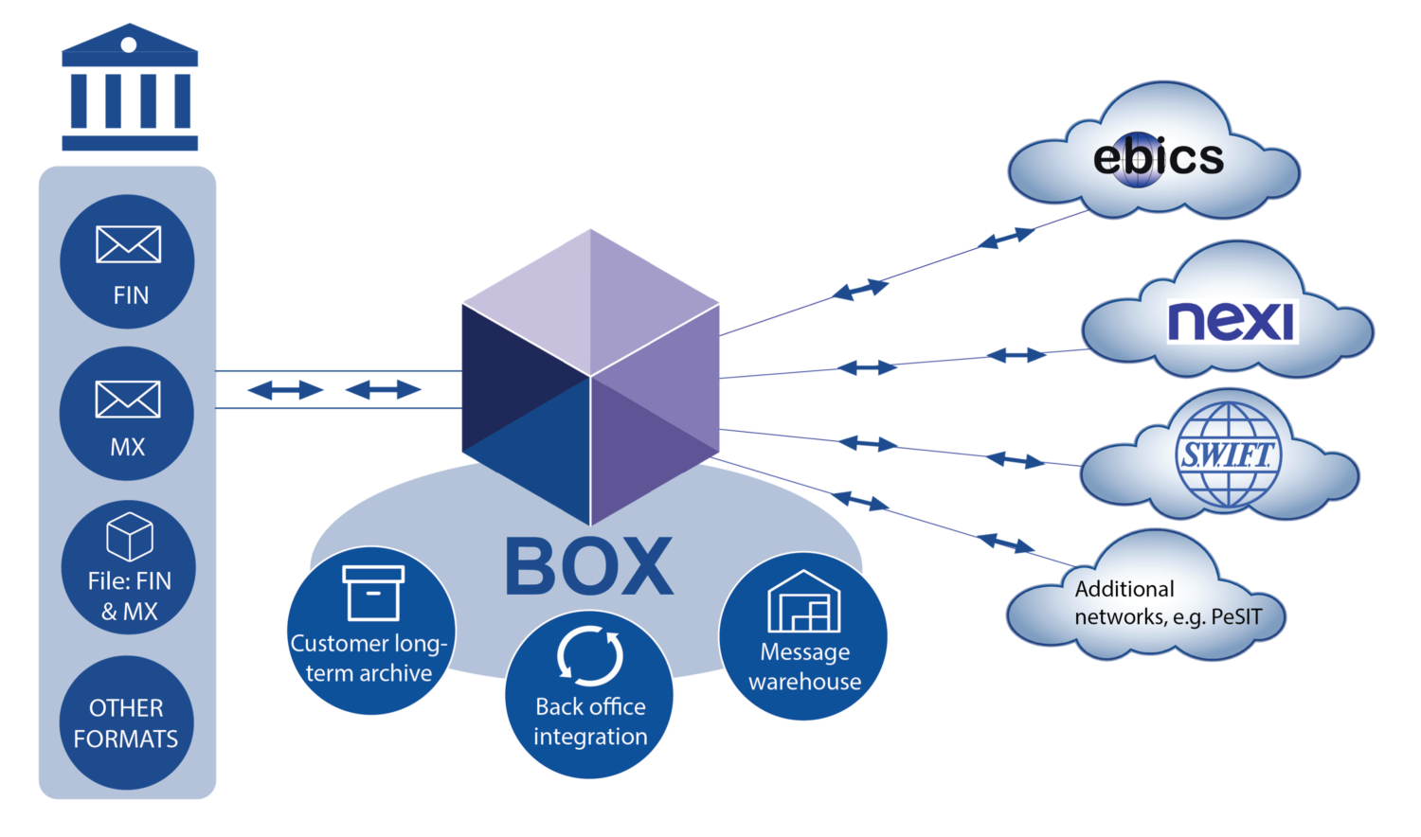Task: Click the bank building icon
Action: coord(130,90)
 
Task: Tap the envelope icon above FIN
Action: coord(129,244)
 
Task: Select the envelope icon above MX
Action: coord(128,399)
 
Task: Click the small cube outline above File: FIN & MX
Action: coord(130,537)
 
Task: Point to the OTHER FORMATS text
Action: coord(126,723)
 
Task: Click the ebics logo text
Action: coord(1158,157)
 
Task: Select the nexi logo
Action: coord(1231,321)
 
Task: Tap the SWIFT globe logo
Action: coord(1228,454)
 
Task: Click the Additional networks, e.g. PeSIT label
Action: coord(1167,603)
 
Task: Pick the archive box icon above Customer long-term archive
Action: coord(373,593)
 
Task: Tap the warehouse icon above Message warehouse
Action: coord(803,602)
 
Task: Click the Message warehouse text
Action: coord(804,667)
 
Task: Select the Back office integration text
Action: coord(590,721)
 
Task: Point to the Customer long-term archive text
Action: coord(369,658)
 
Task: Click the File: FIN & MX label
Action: coord(130,596)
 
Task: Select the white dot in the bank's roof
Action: coord(129,45)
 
